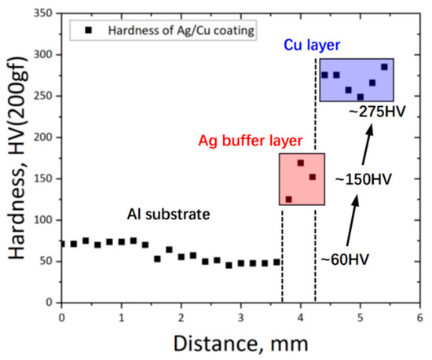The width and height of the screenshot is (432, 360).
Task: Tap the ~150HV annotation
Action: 363,179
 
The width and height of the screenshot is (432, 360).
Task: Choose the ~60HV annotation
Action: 344,257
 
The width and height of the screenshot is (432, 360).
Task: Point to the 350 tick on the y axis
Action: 43,13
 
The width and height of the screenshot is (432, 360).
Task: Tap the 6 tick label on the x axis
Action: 419,316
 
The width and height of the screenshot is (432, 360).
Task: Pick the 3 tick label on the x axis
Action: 241,316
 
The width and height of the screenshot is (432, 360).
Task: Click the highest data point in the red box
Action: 301,163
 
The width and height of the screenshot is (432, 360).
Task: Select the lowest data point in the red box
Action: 289,199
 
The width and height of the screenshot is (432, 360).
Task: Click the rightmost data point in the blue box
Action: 384,67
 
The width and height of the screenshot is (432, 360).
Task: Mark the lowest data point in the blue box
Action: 361,97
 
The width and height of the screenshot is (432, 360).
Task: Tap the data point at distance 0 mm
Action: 62,244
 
